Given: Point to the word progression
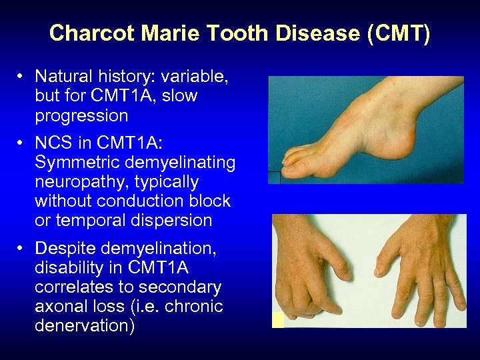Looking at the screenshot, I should point(81,115).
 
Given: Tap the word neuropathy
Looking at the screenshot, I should point(77,182).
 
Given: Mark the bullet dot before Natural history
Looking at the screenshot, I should point(22,77).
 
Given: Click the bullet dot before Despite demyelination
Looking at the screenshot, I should point(22,249).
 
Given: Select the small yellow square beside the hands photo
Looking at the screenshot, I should point(277,320).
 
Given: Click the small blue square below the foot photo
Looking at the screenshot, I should point(274,177).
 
